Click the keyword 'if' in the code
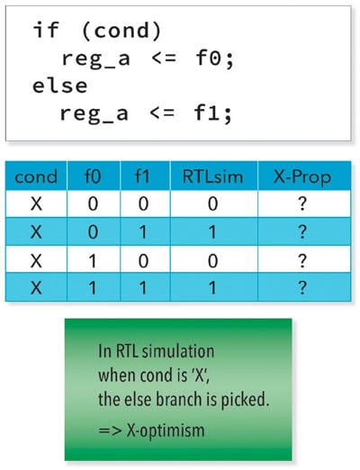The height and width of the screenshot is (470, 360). [45, 30]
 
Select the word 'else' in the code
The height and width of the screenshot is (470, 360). [59, 86]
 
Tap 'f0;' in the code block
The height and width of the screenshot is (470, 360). [214, 59]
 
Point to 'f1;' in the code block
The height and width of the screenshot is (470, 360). [213, 113]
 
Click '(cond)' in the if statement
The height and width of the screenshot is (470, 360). [121, 31]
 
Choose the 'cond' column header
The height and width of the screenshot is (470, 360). [36, 176]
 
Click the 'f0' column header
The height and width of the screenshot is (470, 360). [93, 176]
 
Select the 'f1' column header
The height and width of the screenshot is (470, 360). [142, 176]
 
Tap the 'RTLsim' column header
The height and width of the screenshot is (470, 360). [212, 176]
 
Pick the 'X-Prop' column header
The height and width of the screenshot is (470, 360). [302, 177]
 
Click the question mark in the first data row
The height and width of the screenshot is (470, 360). [302, 203]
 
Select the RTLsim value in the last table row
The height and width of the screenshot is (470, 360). [212, 287]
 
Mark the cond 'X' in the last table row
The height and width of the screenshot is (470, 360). [36, 288]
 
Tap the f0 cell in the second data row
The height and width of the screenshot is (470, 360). [93, 232]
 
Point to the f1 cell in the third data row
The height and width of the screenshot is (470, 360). [143, 260]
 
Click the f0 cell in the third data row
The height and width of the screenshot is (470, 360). [93, 260]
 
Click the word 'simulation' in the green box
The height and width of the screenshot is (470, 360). [178, 351]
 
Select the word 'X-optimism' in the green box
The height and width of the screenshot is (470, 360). [166, 431]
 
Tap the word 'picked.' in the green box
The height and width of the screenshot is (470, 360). [245, 401]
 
